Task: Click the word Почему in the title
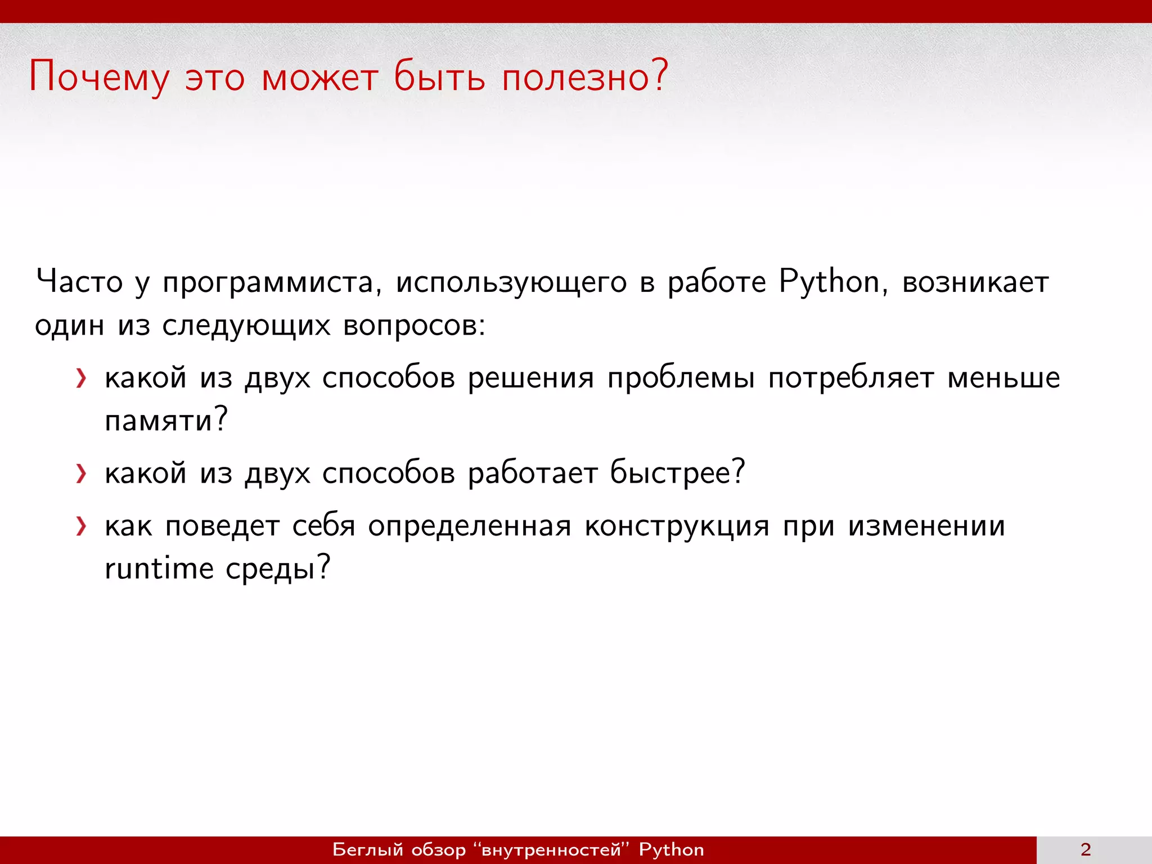[x=99, y=77]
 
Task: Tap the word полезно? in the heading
[x=585, y=77]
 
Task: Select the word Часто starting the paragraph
[x=79, y=282]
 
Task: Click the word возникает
[x=976, y=282]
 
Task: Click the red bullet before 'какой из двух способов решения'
[x=82, y=378]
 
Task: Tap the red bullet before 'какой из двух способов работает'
[x=82, y=474]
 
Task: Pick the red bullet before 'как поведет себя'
[x=82, y=526]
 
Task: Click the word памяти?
[x=166, y=420]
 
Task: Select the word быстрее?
[x=678, y=472]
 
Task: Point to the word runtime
[x=159, y=568]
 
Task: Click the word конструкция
[x=677, y=526]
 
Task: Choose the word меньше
[x=1004, y=377]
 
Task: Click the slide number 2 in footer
[x=1086, y=849]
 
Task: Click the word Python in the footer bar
[x=672, y=850]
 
